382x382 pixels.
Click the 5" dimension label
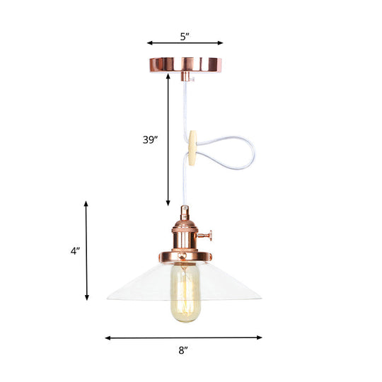point(185,35)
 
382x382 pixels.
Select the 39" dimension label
point(150,139)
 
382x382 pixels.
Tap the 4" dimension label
point(75,250)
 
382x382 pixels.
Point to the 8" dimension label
point(184,348)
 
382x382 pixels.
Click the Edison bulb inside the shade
point(185,290)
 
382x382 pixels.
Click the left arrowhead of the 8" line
point(108,338)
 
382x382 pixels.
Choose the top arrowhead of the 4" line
point(87,204)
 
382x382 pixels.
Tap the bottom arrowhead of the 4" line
point(87,299)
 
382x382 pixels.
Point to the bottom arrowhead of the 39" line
point(168,202)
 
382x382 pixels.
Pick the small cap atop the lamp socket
point(185,211)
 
